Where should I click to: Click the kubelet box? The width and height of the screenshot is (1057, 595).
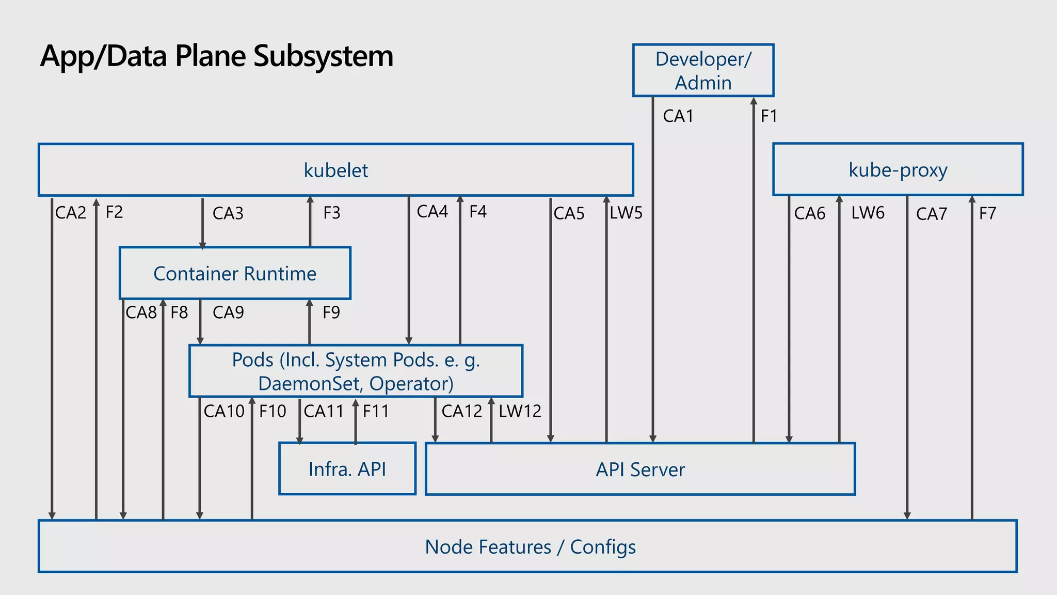pyautogui.click(x=335, y=170)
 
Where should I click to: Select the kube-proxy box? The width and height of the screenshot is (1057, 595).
pyautogui.click(x=898, y=169)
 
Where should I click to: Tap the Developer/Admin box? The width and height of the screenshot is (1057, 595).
pyautogui.click(x=703, y=71)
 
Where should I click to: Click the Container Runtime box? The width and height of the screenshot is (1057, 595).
pyautogui.click(x=235, y=273)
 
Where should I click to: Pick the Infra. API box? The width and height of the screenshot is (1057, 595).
pyautogui.click(x=347, y=469)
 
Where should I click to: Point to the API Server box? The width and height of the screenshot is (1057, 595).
pyautogui.click(x=640, y=469)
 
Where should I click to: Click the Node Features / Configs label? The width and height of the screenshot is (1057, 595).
pyautogui.click(x=530, y=547)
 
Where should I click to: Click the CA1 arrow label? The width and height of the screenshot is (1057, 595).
pyautogui.click(x=678, y=116)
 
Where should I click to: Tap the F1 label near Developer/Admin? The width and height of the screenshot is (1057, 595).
pyautogui.click(x=769, y=116)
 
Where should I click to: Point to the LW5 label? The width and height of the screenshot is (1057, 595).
pyautogui.click(x=626, y=213)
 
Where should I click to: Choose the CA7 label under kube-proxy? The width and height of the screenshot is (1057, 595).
pyautogui.click(x=932, y=214)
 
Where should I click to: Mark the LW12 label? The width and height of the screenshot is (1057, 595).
pyautogui.click(x=520, y=411)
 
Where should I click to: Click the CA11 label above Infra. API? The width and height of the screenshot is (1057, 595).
pyautogui.click(x=324, y=411)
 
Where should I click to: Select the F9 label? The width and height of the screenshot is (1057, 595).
pyautogui.click(x=331, y=312)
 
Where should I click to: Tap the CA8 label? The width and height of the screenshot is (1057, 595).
pyautogui.click(x=141, y=312)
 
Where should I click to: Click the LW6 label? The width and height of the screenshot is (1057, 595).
pyautogui.click(x=868, y=213)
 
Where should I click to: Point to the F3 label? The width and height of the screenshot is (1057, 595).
pyautogui.click(x=332, y=213)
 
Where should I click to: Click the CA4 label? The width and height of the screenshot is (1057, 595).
pyautogui.click(x=433, y=212)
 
